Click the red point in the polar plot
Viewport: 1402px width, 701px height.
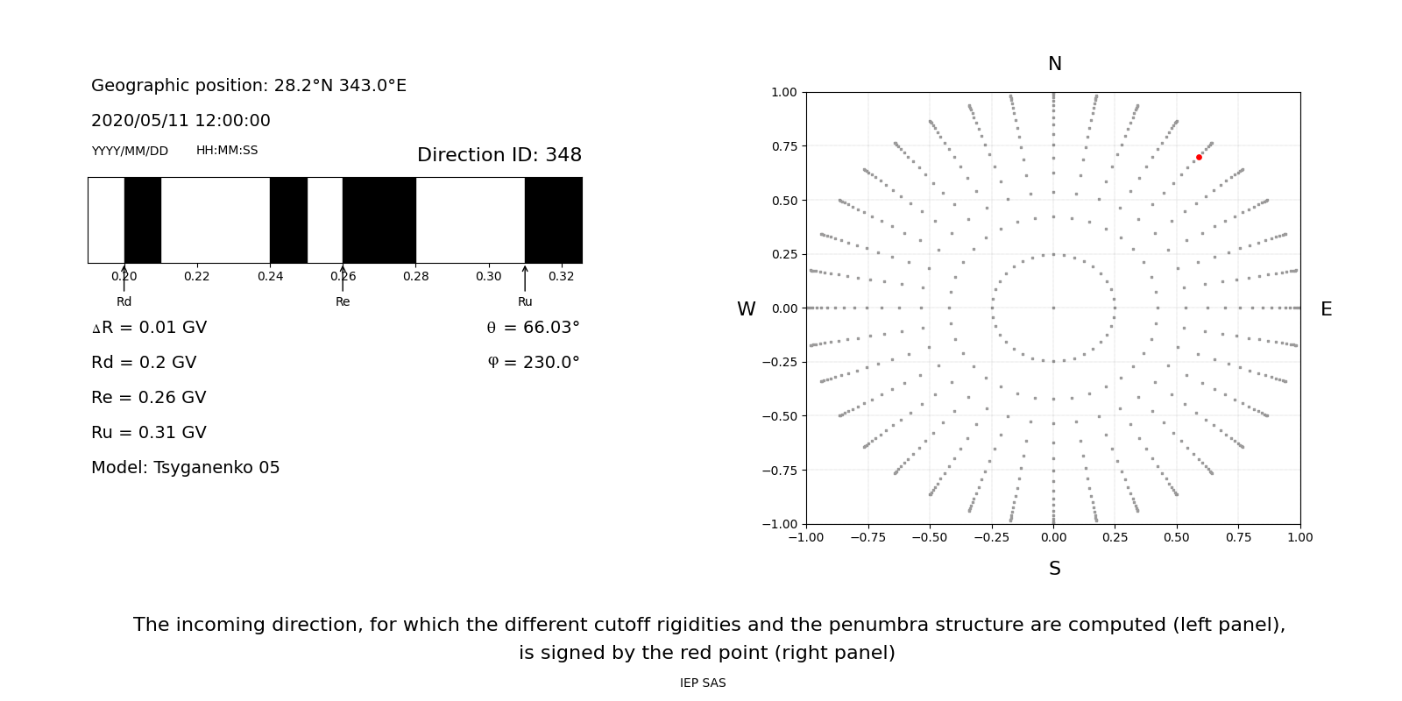(1199, 158)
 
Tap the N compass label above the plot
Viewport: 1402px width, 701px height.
(1055, 64)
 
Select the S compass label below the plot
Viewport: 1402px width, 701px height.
(1055, 569)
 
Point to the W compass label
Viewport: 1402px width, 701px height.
(746, 309)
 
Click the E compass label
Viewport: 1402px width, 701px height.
(1326, 309)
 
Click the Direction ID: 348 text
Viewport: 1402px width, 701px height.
(499, 155)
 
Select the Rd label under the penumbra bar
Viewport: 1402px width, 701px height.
(124, 302)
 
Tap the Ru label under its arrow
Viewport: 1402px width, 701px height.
(525, 302)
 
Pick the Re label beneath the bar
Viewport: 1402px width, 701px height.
(343, 302)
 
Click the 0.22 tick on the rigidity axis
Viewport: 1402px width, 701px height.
(197, 276)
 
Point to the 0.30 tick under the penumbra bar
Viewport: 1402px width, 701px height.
(489, 276)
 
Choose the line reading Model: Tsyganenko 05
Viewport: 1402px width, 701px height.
(186, 468)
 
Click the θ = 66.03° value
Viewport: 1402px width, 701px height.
(533, 328)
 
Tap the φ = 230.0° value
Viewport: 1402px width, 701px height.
(533, 363)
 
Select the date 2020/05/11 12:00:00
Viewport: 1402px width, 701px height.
(181, 121)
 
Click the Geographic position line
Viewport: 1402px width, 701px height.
(249, 86)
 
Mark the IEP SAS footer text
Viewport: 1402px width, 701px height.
(703, 683)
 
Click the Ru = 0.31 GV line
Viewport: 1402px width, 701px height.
(149, 433)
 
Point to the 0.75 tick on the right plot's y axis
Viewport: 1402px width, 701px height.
(783, 146)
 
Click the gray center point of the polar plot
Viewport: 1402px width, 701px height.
(1053, 308)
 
